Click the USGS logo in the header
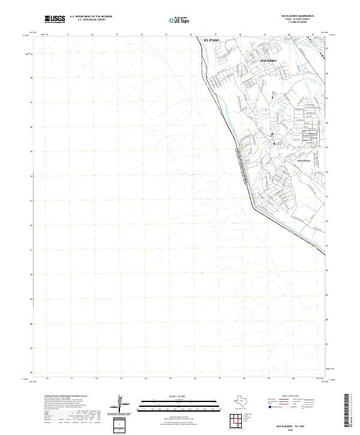(55, 19)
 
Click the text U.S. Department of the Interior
(91, 17)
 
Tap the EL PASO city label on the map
(212, 40)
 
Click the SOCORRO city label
(270, 61)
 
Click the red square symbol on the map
(272, 134)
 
